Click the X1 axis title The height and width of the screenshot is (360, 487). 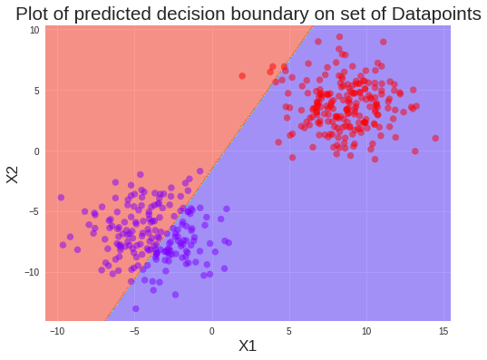point(248,345)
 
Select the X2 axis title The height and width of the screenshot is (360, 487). point(13,173)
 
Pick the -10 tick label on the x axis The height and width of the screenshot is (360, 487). point(58,330)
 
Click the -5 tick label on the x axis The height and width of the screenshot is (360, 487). point(134,330)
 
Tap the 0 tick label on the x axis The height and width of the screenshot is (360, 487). point(212,330)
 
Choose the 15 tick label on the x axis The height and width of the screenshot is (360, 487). point(443,330)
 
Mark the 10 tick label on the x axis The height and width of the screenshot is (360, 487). point(366,330)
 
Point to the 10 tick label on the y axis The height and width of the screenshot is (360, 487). point(34,30)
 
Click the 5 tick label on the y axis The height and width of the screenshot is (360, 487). point(36,91)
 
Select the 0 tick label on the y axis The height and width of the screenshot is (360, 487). point(36,151)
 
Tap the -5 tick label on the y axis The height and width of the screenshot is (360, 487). point(34,211)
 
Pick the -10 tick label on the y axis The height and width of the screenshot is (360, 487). point(32,272)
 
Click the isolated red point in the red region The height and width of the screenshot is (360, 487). point(242,76)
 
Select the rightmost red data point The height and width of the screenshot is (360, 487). point(435,139)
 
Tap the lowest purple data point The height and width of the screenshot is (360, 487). point(136,308)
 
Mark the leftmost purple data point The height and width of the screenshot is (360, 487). point(61,197)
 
